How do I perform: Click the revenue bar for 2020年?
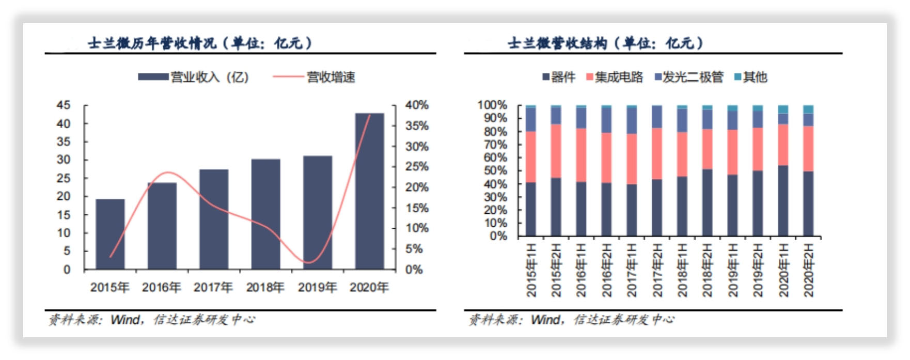[x=369, y=191]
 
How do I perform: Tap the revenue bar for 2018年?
[x=265, y=214]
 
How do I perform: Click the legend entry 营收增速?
[x=331, y=77]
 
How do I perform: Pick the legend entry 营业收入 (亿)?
[x=209, y=77]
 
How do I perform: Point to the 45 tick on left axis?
[x=64, y=105]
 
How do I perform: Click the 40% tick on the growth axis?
[x=417, y=105]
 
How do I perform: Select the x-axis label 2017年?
[x=213, y=287]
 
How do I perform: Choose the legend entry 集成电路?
[x=618, y=77]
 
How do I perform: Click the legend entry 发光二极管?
[x=693, y=77]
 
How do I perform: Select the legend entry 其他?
[x=755, y=77]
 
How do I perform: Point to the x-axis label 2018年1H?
[x=682, y=270]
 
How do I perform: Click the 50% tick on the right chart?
[x=495, y=171]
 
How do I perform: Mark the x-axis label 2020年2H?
[x=808, y=270]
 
